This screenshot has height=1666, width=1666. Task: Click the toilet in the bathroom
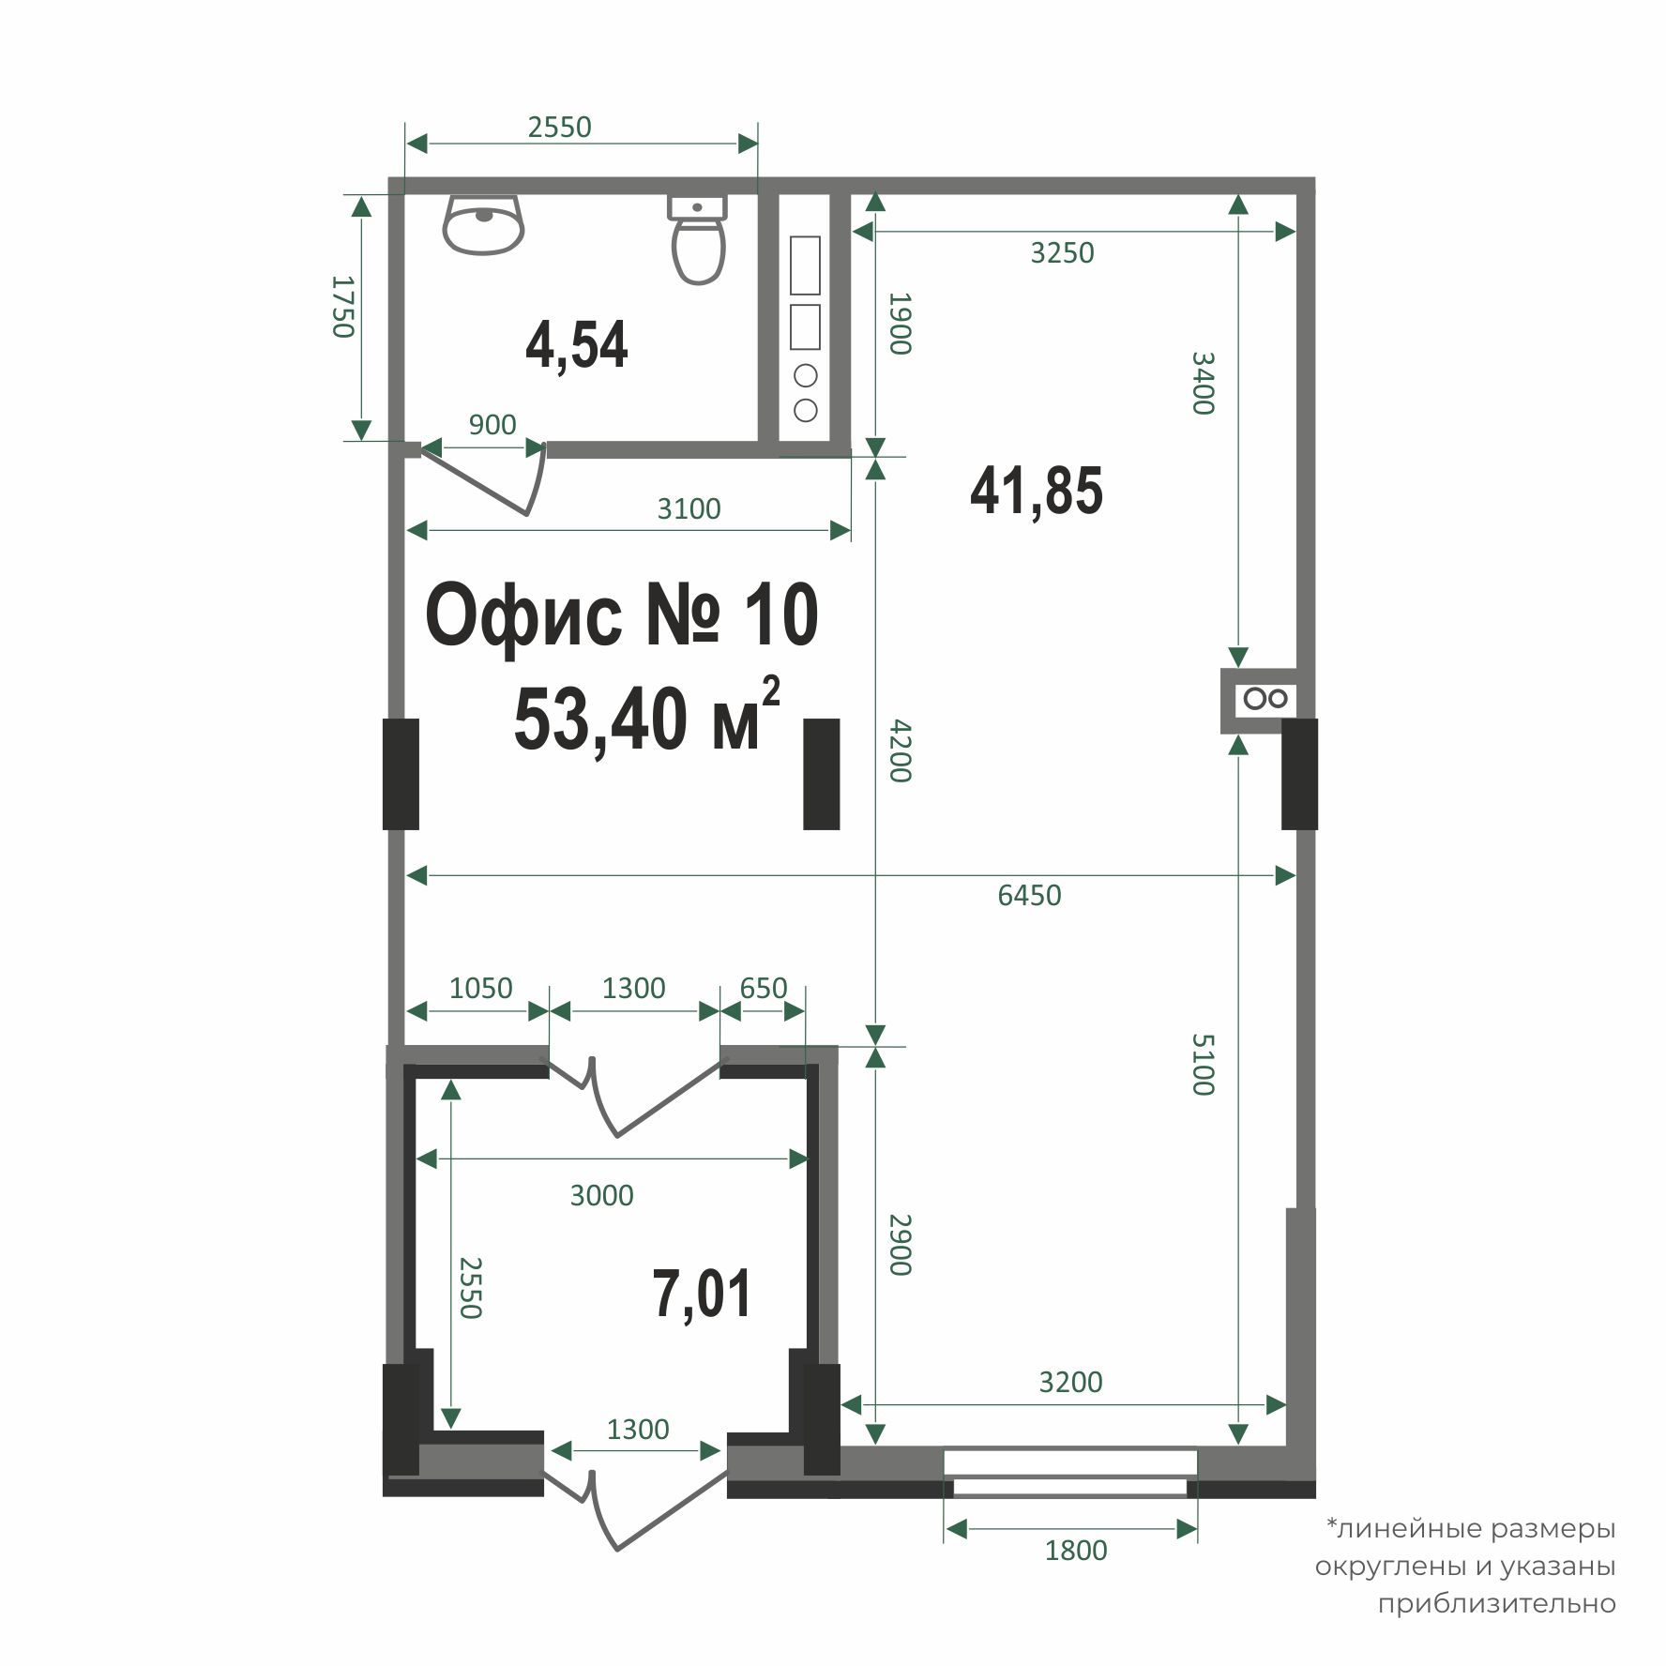[x=699, y=240]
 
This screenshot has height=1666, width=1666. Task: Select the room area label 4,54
[x=576, y=345]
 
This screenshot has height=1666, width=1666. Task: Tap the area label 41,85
[x=1036, y=490]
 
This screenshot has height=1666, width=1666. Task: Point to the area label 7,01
[x=702, y=1294]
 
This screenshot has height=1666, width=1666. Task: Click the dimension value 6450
[x=1029, y=895]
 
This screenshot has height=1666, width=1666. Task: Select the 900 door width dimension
[x=492, y=425]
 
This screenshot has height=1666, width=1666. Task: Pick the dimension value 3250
[x=1062, y=253]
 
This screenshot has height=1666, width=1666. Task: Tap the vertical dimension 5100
[x=1204, y=1064]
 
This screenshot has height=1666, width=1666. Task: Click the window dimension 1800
[x=1076, y=1550]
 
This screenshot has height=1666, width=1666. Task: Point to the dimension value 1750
[x=343, y=306]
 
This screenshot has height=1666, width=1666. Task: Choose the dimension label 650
[x=763, y=988]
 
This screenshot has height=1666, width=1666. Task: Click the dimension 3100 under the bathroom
[x=689, y=508]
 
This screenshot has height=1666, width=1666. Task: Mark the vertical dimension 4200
[x=899, y=750]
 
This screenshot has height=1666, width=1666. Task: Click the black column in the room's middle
[x=821, y=774]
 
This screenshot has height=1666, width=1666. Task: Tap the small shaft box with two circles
[x=1265, y=699]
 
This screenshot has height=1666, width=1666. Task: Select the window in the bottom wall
[x=1070, y=1473]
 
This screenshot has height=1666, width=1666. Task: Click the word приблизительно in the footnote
[x=1496, y=1603]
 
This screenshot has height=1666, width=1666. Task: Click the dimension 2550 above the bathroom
[x=559, y=127]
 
